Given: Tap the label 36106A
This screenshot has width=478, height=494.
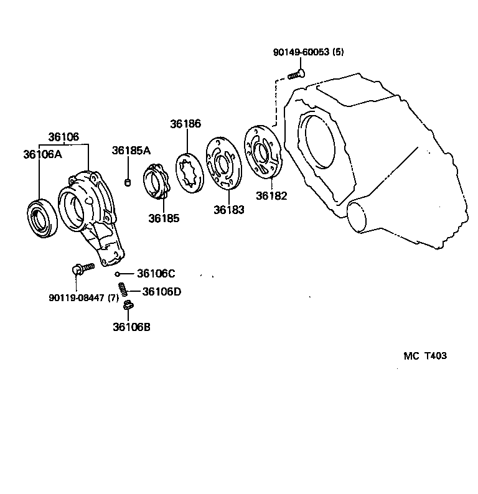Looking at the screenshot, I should (42, 154).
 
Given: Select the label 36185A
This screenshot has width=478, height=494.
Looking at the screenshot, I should (131, 150).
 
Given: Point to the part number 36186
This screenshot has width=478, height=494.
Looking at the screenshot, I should (185, 124).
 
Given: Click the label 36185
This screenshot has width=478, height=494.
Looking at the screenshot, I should (164, 218).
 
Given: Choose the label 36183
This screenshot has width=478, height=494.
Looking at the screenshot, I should (229, 210).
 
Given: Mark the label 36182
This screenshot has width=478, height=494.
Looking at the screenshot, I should (271, 195).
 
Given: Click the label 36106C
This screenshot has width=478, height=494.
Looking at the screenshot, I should (156, 273).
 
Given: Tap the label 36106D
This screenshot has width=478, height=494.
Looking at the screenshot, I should (161, 291).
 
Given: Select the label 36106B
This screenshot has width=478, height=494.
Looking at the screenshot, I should (131, 325).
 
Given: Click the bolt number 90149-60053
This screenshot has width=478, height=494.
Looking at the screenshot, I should (302, 52).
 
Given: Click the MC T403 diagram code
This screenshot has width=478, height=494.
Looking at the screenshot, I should (425, 356).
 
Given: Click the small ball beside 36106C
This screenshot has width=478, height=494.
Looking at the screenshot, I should (116, 274).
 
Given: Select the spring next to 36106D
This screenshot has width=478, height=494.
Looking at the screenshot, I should (123, 289).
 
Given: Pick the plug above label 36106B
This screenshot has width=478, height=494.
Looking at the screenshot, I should (129, 304).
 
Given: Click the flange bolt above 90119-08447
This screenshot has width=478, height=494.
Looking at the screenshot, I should (81, 269).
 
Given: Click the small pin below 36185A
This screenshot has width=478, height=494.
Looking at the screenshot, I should (128, 182).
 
